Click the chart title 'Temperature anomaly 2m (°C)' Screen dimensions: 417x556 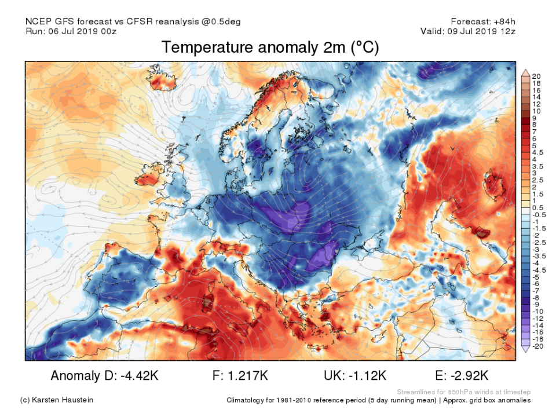[x=270, y=47]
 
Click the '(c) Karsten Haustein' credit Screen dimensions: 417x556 [x=56, y=400]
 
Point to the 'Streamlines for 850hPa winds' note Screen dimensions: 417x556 [x=464, y=392]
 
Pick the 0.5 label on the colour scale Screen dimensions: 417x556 [x=537, y=208]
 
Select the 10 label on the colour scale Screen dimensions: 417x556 [x=536, y=111]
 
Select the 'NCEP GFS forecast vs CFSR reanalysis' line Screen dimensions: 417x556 [x=133, y=21]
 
